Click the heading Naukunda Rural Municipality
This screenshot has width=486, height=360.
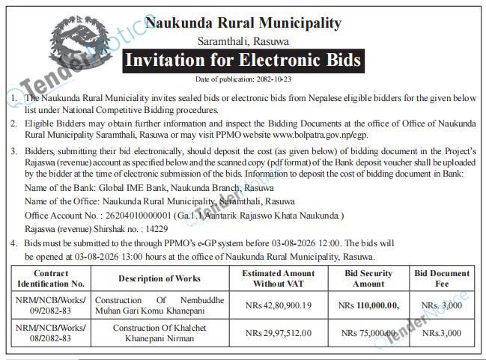point(243,23)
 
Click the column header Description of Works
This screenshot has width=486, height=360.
point(160,278)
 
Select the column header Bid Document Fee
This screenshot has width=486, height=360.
point(442,278)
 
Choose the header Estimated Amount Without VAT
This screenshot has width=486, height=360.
point(278,278)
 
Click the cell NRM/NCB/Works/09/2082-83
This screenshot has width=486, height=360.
point(51,305)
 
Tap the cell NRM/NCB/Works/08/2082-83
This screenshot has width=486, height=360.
point(51,333)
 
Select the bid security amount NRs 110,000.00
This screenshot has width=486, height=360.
point(368,305)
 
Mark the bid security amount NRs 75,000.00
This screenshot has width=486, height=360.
point(367,333)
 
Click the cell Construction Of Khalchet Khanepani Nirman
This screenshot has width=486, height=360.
point(160,333)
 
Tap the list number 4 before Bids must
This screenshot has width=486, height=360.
point(13,244)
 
